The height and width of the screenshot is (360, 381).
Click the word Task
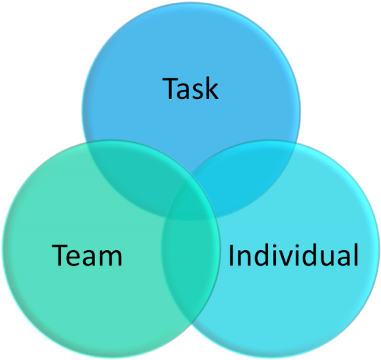tap(190, 89)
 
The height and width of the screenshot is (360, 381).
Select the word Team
tap(87, 255)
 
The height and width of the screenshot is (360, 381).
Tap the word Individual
tap(293, 254)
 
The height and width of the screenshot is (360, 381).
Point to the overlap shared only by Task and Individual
tap(243, 179)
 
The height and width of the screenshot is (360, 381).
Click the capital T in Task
tap(170, 89)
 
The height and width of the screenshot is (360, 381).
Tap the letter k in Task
tap(211, 87)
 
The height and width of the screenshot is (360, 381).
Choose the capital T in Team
tap(59, 256)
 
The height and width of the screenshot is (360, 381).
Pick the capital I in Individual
tap(231, 255)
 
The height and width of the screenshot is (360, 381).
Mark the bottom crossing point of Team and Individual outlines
tap(193, 324)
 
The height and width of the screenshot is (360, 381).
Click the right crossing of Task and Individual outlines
tap(296, 144)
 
